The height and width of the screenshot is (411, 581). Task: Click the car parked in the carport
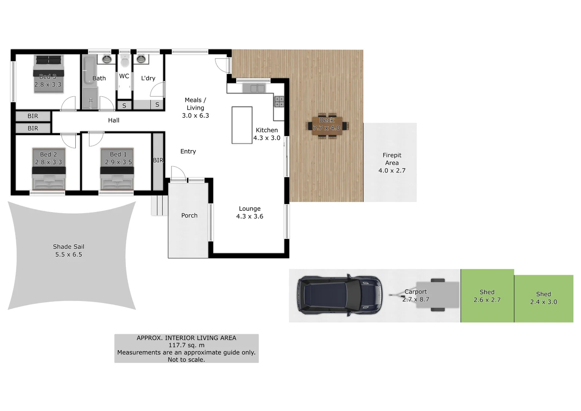[x=340, y=295]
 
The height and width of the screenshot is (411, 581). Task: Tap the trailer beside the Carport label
[x=437, y=295]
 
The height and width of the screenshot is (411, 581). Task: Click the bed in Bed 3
[x=48, y=74]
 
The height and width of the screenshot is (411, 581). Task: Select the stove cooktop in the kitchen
[x=279, y=102]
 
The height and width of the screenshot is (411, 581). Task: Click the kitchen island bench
[x=242, y=125]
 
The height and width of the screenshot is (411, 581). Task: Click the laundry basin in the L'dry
[x=141, y=59]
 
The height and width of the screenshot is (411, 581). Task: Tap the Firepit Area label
[x=392, y=163]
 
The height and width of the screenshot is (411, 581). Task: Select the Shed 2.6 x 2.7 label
[x=487, y=296]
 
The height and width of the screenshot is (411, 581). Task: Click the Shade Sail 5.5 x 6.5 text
[x=68, y=250]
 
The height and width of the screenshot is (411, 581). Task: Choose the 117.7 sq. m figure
[x=186, y=345]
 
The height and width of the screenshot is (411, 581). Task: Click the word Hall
[x=113, y=120]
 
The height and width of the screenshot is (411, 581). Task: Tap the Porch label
[x=189, y=215]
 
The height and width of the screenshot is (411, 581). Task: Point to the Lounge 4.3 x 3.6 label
[x=249, y=212]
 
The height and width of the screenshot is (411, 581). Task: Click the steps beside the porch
[x=159, y=205]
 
